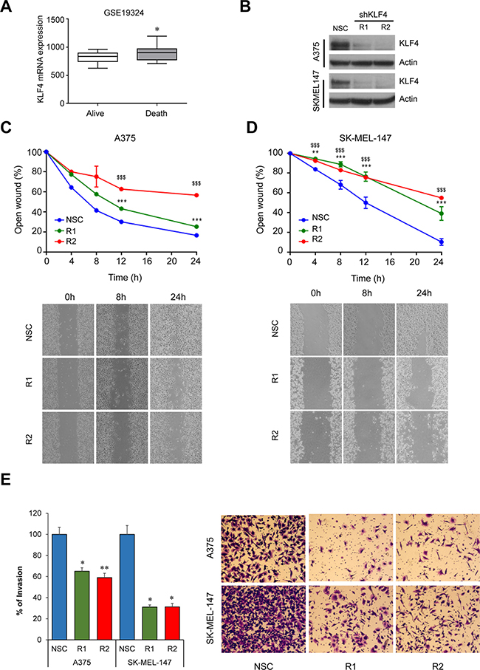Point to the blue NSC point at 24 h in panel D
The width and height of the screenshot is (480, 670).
click(442, 242)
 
